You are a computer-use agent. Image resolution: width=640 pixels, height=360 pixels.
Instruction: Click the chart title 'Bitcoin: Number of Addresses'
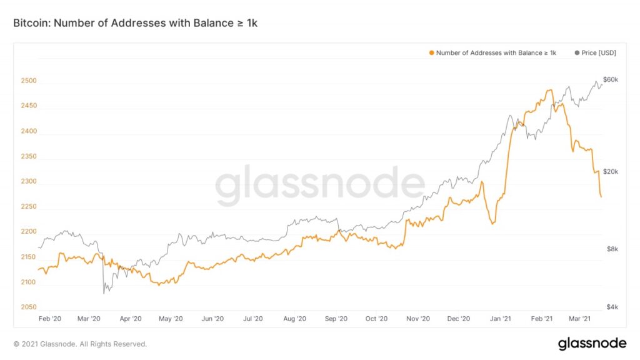135,23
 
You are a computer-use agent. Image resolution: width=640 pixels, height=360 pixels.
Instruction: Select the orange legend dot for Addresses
431,53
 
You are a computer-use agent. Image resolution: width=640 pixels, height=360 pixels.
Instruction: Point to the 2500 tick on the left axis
29,81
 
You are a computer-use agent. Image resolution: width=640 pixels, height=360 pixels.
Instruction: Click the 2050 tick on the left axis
29,307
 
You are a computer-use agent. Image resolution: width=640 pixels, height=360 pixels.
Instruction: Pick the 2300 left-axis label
29,182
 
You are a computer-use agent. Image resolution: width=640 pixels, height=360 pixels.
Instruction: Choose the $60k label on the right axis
611,79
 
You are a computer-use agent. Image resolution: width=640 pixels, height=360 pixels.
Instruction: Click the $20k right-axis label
611,172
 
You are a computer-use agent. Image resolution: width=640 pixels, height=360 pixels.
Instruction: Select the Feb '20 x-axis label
50,319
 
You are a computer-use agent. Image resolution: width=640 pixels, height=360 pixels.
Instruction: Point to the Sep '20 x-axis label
336,319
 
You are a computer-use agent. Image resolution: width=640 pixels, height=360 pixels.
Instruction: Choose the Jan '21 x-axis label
499,319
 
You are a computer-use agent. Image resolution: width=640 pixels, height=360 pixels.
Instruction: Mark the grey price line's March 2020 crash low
104,292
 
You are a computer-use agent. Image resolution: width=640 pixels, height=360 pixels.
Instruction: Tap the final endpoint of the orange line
601,197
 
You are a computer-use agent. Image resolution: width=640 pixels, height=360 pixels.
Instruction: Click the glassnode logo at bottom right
592,343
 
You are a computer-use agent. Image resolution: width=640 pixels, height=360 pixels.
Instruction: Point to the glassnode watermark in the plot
320,186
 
